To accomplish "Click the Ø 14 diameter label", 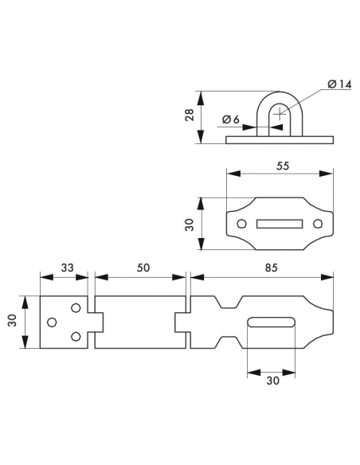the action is [339, 84].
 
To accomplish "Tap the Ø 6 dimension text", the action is [230, 119].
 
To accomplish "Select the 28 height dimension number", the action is [190, 115].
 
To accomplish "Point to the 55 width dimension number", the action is [282, 166].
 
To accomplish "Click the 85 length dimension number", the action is [271, 268].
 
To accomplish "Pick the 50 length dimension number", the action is [143, 268].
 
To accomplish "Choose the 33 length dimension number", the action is [68, 268].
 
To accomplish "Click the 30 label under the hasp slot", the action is [272, 381].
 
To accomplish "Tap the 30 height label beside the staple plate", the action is [190, 225].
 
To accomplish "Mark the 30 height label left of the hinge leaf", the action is [12, 321].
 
